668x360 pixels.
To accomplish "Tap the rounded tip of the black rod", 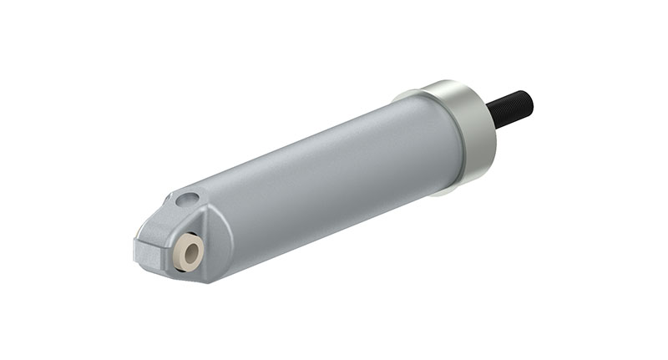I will tap(527, 99).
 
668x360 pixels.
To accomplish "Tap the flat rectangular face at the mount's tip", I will tap(146, 251).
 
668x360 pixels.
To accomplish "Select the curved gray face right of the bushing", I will tap(219, 242).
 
